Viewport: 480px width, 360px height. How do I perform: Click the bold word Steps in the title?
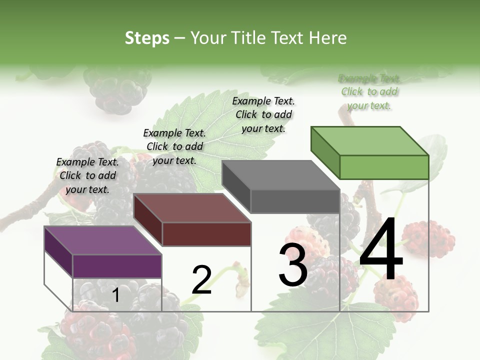pos(147,38)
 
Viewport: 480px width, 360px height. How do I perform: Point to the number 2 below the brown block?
pos(201,280)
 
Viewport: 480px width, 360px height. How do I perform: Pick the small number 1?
pos(115,295)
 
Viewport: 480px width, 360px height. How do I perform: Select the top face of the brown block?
pos(192,208)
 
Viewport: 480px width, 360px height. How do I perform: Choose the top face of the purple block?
pos(103,240)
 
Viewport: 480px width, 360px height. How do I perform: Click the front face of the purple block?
pos(117,266)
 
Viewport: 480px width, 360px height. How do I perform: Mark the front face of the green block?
pos(384,167)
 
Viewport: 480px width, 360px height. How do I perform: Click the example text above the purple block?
pos(87,175)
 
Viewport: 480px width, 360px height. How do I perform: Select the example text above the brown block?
pos(174,146)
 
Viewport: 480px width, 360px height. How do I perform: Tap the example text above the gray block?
pos(263,114)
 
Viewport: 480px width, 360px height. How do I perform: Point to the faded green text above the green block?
pos(369,92)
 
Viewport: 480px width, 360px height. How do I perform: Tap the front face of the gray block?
pos(295,201)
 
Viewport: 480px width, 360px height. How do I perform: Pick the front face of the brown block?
pos(206,234)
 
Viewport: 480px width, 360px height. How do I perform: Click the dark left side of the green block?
pos(325,152)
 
